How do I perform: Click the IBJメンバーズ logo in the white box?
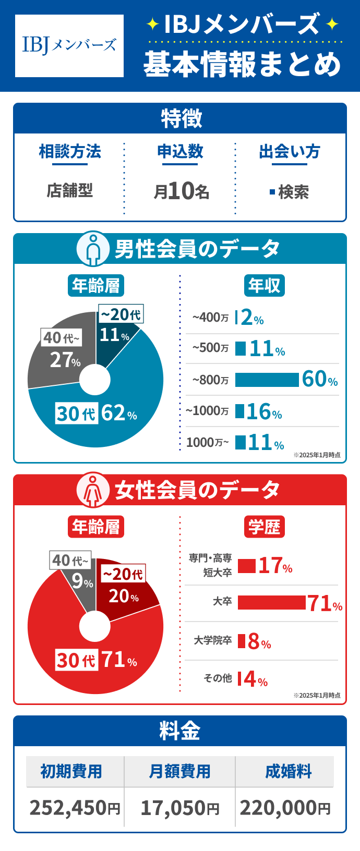tap(69, 46)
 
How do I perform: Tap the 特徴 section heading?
tap(181, 119)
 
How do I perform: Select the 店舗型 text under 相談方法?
tap(69, 191)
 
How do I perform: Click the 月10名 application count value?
tap(181, 191)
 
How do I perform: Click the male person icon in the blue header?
tap(93, 249)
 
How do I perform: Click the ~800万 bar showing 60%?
tap(267, 380)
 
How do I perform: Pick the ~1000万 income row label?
tap(207, 411)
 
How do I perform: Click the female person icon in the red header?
tap(93, 490)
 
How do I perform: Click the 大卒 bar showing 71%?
tap(271, 603)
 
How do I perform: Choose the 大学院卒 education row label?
tap(212, 640)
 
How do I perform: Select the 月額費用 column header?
tap(179, 771)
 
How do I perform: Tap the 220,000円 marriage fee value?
tap(285, 808)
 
